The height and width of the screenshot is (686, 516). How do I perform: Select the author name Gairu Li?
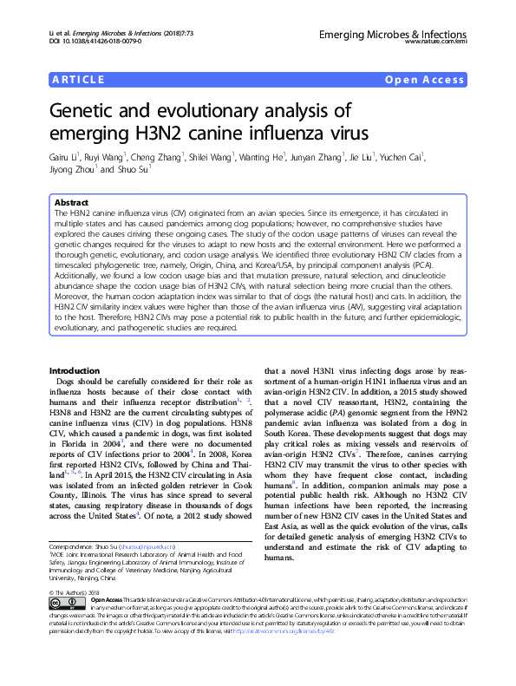(63, 157)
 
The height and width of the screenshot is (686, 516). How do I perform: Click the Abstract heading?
(70, 201)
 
